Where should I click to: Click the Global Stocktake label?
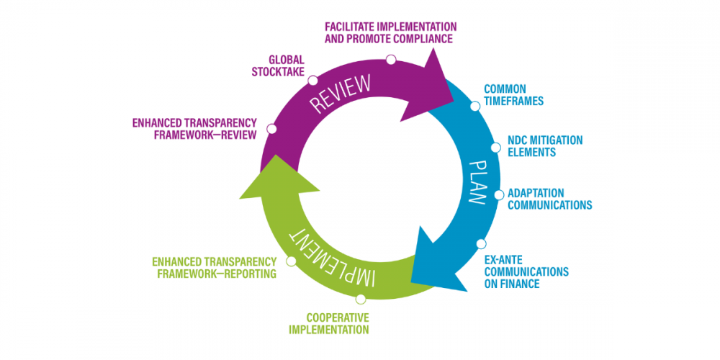(277, 66)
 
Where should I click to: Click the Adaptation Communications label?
(549, 199)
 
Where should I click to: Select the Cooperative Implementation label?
(328, 323)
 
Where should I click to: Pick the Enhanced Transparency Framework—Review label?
(194, 129)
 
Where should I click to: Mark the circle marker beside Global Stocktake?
(313, 77)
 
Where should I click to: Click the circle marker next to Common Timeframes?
(475, 106)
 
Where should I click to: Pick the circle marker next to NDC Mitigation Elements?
(495, 147)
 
